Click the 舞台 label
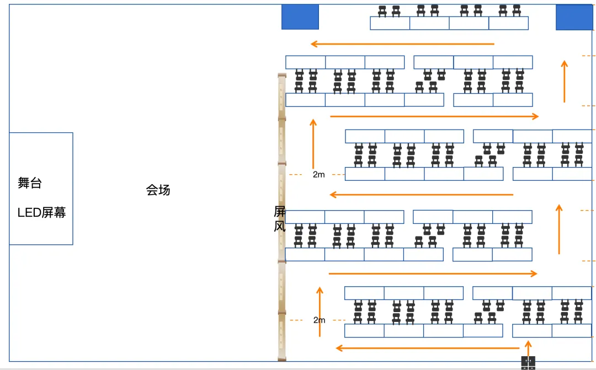point(30,184)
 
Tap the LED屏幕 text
point(42,212)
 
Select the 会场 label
point(158,190)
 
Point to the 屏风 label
point(280,219)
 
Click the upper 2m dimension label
point(319,175)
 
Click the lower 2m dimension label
point(319,320)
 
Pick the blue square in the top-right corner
point(574,17)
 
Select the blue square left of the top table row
point(300,17)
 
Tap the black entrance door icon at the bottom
point(528,362)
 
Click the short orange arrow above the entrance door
point(528,348)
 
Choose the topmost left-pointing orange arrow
point(402,44)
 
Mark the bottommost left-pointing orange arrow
point(428,348)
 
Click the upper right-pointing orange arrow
point(434,116)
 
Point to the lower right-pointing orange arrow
point(433,274)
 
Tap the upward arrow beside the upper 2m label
point(313,143)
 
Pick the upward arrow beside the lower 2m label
point(320,312)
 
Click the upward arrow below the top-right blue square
point(564,81)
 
